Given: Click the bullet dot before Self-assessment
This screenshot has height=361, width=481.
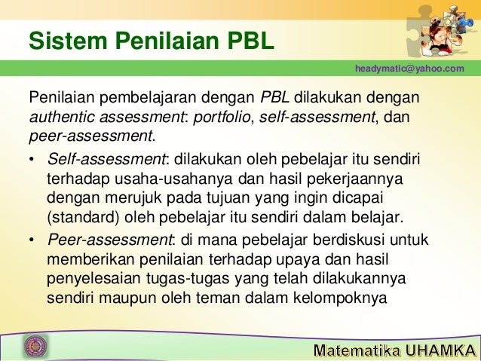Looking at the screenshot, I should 31,161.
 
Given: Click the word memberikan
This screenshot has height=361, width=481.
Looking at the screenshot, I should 82,260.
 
